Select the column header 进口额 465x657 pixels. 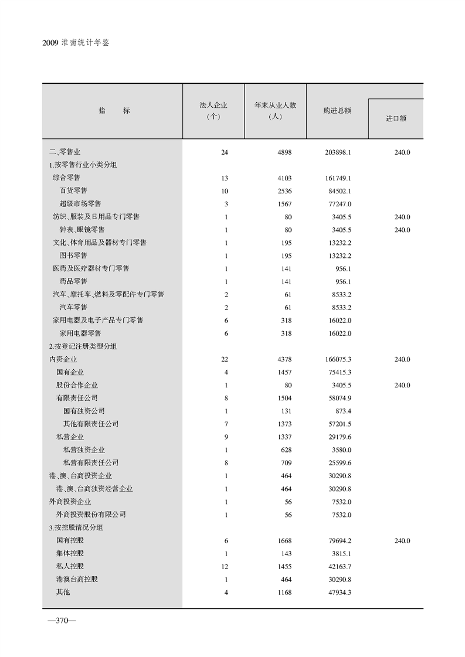pyautogui.click(x=396, y=118)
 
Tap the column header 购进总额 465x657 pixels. pyautogui.click(x=337, y=110)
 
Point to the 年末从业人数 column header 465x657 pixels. pyautogui.click(x=275, y=111)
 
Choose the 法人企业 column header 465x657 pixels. pyautogui.click(x=213, y=111)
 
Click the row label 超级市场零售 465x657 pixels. pyautogui.click(x=80, y=203)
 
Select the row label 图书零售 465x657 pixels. pyautogui.click(x=73, y=256)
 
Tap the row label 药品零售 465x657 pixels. pyautogui.click(x=73, y=281)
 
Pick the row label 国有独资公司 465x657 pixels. pyautogui.click(x=84, y=411)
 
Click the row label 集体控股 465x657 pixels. pyautogui.click(x=70, y=553)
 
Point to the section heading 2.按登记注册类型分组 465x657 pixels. pyautogui.click(x=83, y=346)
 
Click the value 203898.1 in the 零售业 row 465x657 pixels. pyautogui.click(x=337, y=152)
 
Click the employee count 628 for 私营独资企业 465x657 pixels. pyautogui.click(x=286, y=450)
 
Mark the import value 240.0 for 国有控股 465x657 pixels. pyautogui.click(x=402, y=540)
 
